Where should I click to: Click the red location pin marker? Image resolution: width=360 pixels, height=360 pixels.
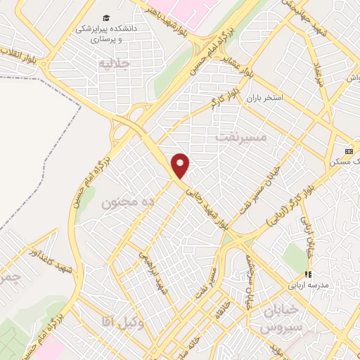point(181,166)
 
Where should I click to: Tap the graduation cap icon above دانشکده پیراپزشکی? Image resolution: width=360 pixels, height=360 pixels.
point(105,17)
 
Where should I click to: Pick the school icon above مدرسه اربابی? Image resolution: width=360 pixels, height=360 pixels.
point(307,274)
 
